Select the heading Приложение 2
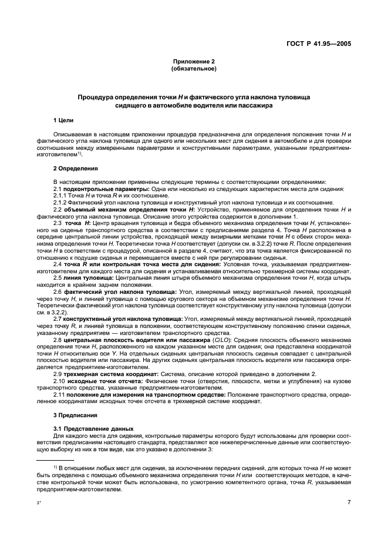pyautogui.click(x=194, y=62)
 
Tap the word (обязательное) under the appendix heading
pyautogui.click(x=194, y=69)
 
